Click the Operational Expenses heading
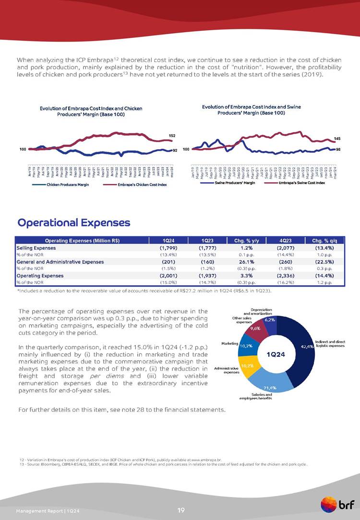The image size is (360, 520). click(x=73, y=223)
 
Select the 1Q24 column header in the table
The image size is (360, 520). click(x=168, y=241)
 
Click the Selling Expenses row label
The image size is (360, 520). click(x=36, y=248)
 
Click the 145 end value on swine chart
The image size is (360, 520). click(x=337, y=138)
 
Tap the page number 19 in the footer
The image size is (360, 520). click(x=180, y=510)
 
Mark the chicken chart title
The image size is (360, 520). click(x=91, y=111)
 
